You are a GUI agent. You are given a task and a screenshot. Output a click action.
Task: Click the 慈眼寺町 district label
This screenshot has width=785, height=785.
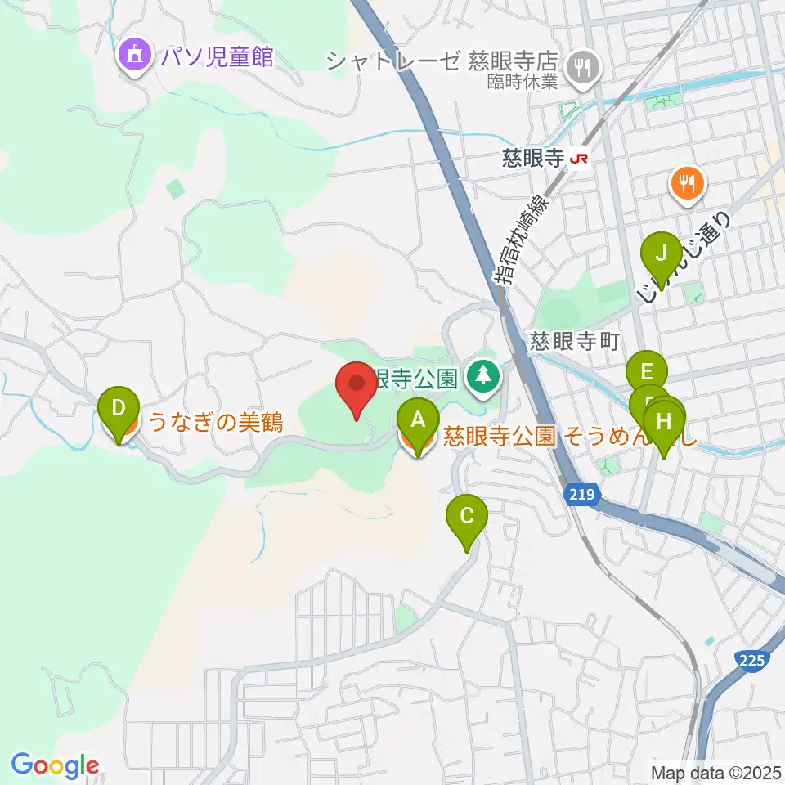[x=572, y=341]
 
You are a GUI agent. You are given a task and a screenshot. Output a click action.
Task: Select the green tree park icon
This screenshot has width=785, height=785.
[x=484, y=377]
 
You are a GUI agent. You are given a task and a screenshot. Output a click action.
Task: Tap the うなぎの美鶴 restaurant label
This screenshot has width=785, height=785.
[x=215, y=422]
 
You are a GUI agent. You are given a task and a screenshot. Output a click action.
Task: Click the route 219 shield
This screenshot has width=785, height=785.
[x=582, y=495]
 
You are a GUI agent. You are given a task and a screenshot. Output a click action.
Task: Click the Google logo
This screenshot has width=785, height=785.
[x=56, y=765]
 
